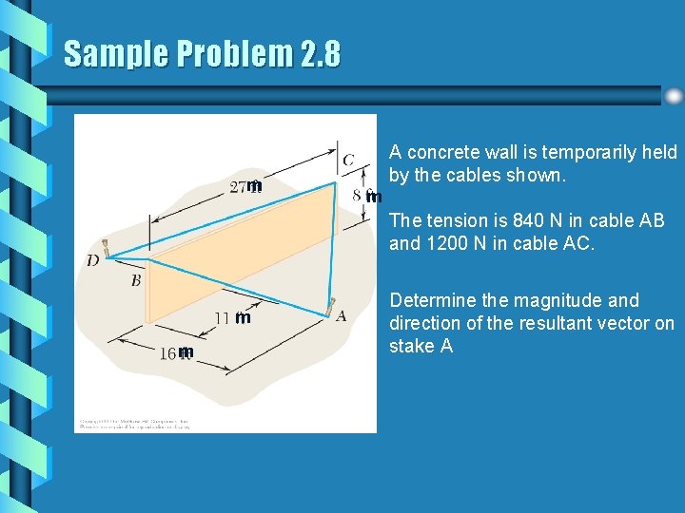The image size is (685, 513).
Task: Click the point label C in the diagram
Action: (x=349, y=160)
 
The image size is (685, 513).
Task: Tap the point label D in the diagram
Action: (x=92, y=260)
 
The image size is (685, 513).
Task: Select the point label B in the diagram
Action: (x=136, y=280)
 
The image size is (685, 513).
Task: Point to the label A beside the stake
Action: (x=341, y=315)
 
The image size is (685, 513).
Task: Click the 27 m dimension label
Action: (x=245, y=186)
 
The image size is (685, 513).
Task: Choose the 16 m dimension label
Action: (x=176, y=352)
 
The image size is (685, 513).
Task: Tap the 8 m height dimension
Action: (x=366, y=196)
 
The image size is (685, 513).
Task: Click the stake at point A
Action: (x=331, y=308)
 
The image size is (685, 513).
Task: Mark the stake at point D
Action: (x=108, y=249)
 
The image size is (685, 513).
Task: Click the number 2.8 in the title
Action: (x=320, y=54)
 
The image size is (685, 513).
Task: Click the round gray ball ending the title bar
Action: (x=674, y=96)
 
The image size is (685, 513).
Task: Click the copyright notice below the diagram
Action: (x=134, y=424)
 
